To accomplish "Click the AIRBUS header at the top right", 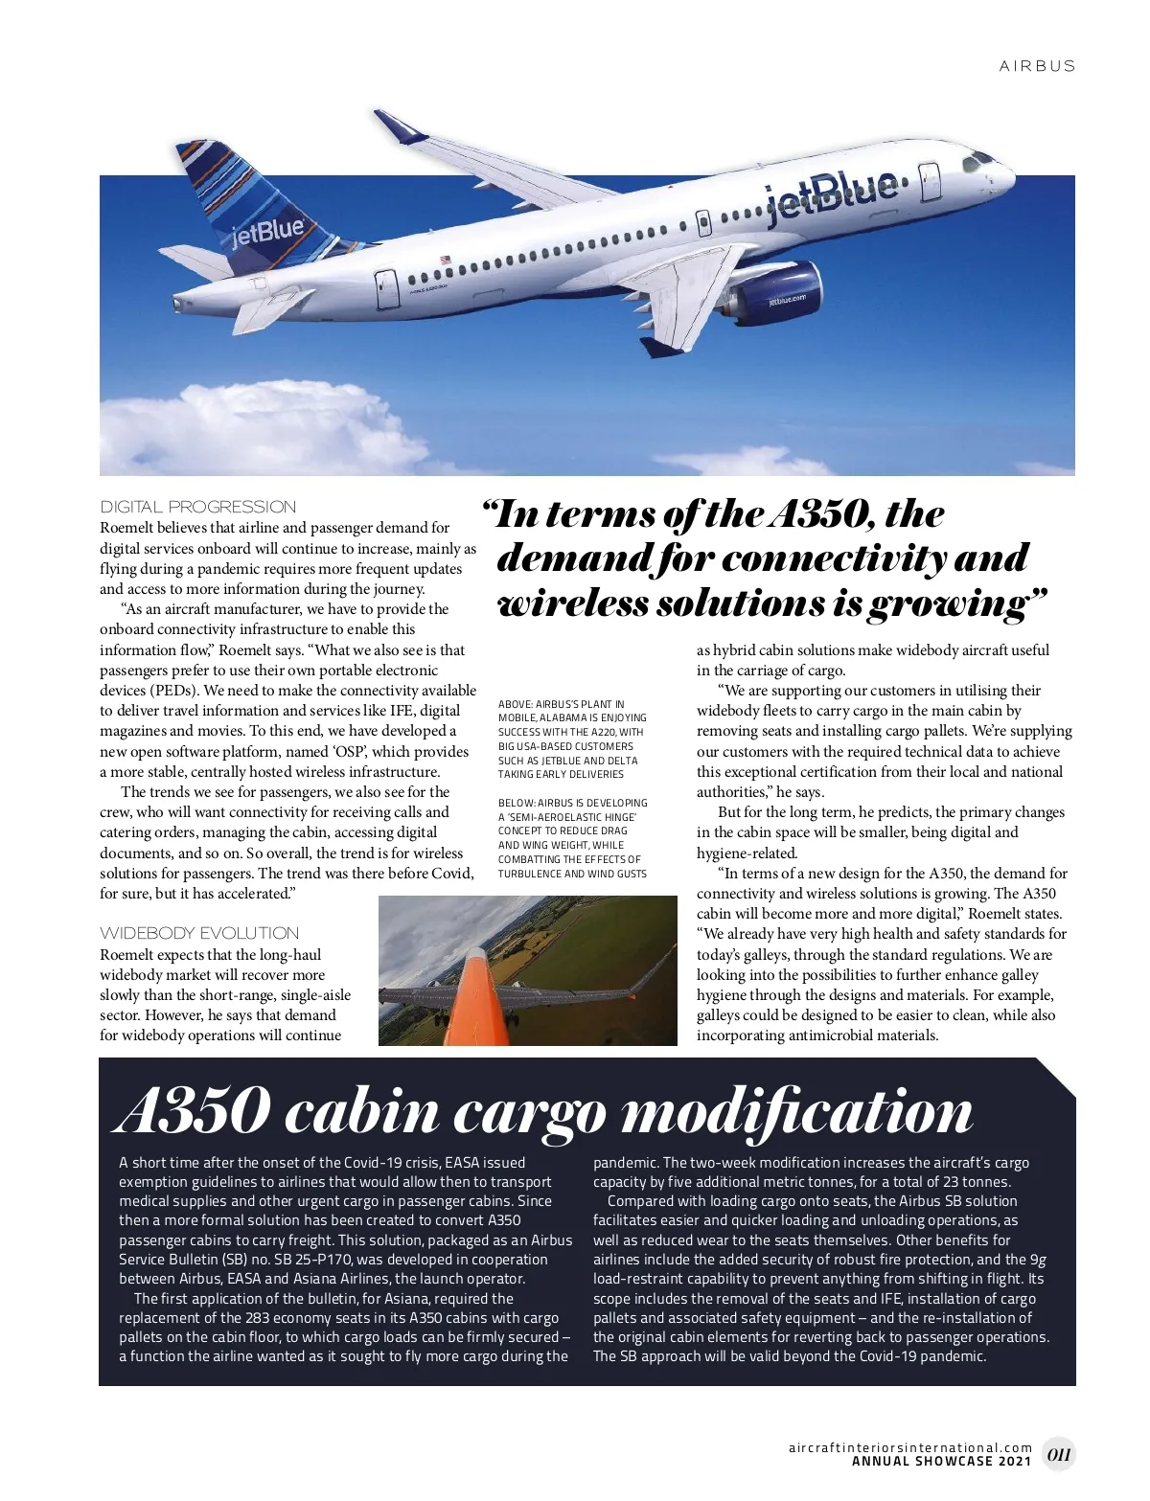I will [1037, 66].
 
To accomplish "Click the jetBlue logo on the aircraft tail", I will [268, 231].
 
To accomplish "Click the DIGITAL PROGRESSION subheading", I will [198, 507].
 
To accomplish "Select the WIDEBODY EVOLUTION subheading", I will [199, 933].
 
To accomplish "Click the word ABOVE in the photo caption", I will [516, 704].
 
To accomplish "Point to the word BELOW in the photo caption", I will [516, 803].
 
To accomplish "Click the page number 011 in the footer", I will [1058, 1454].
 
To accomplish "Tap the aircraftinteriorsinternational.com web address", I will [910, 1447].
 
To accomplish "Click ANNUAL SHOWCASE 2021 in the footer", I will [941, 1462].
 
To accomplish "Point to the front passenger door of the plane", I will [929, 181].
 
